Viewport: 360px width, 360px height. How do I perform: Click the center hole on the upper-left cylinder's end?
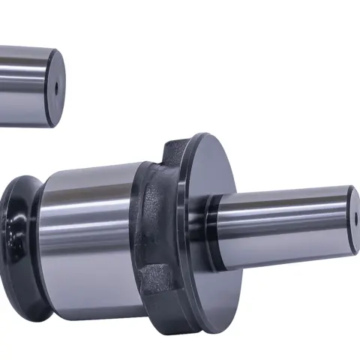click(x=56, y=87)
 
